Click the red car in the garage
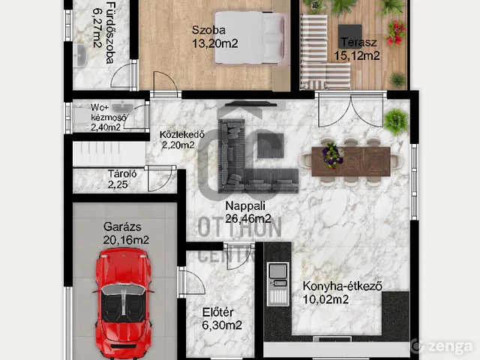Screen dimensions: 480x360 [x=123, y=303]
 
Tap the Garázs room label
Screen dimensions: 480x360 [x=122, y=226]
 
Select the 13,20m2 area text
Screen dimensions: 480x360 [x=215, y=43]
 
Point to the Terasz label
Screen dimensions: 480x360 [x=358, y=42]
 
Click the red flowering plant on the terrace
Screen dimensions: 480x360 [x=396, y=33]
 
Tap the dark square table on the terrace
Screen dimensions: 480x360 [x=350, y=36]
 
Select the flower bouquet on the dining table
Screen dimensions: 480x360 [x=332, y=155]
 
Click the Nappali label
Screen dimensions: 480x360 [x=245, y=206]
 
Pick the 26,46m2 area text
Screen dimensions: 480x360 [x=248, y=218]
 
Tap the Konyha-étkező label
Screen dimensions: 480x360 [x=342, y=286]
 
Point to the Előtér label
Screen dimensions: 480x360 [x=218, y=313]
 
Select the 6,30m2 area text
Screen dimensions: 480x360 [x=222, y=325]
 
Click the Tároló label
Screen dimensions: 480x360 [x=122, y=174]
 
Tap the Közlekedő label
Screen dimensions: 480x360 [x=181, y=134]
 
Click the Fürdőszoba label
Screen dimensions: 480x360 [x=110, y=33]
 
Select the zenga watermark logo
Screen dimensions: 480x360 [x=442, y=346]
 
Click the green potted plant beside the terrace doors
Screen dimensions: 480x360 [x=397, y=121]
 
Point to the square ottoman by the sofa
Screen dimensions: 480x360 [x=270, y=145]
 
